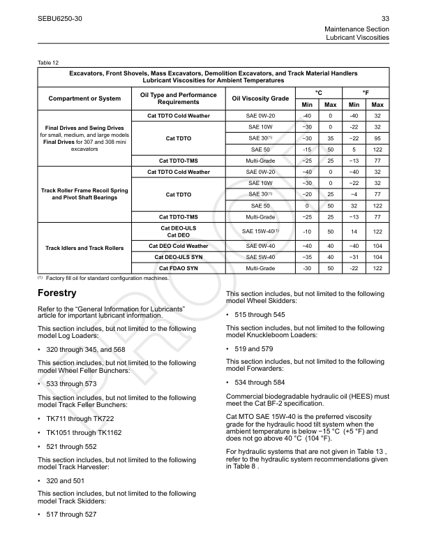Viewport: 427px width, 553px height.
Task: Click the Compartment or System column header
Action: tap(84, 98)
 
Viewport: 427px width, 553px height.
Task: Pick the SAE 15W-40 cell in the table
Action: tap(261, 230)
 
